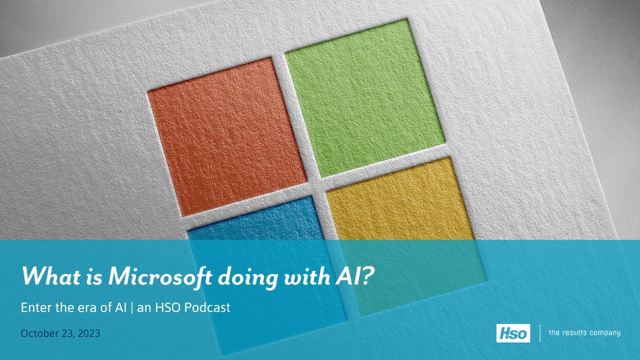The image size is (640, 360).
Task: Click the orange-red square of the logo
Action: click(227, 136)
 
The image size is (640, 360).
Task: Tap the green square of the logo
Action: click(365, 98)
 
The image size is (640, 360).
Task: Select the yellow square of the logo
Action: click(405, 236)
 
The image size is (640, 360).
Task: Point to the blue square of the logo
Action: click(267, 275)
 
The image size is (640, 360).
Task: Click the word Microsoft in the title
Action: click(160, 276)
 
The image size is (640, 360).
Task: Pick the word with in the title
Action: click(307, 276)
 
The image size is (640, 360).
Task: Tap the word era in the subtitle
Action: click(85, 309)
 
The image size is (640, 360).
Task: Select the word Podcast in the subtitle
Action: click(207, 307)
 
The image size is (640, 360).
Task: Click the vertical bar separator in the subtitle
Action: click(131, 308)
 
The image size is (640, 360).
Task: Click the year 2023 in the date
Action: click(89, 333)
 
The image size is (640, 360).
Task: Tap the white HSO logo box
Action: click(513, 333)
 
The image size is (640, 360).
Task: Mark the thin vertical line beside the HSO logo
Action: click(540, 333)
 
